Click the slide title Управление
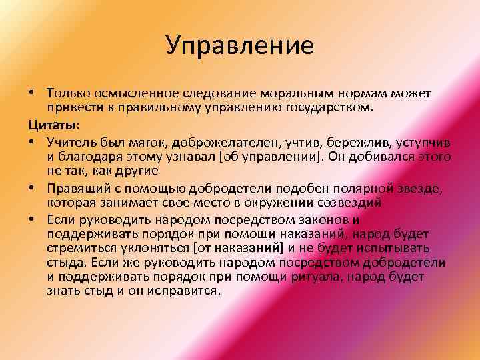pyautogui.click(x=239, y=46)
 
